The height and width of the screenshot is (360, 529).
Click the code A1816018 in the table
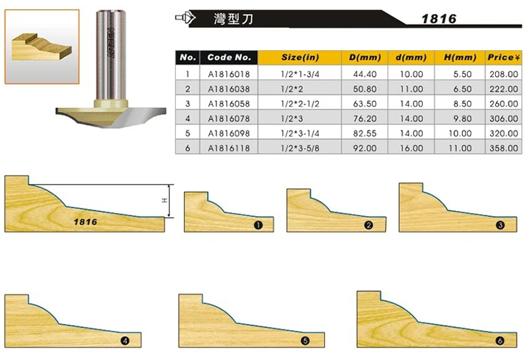(x=229, y=74)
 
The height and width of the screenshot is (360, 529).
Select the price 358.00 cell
(x=504, y=148)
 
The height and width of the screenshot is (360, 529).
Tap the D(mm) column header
(x=365, y=58)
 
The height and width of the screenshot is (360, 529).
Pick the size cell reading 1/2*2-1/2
(x=300, y=104)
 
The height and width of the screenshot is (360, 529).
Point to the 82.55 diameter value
(x=365, y=133)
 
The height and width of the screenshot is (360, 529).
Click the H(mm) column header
(x=460, y=58)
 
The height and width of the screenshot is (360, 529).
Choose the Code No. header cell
(x=229, y=58)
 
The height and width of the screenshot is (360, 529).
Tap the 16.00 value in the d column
(x=411, y=148)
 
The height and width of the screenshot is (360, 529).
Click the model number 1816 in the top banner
(x=439, y=19)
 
